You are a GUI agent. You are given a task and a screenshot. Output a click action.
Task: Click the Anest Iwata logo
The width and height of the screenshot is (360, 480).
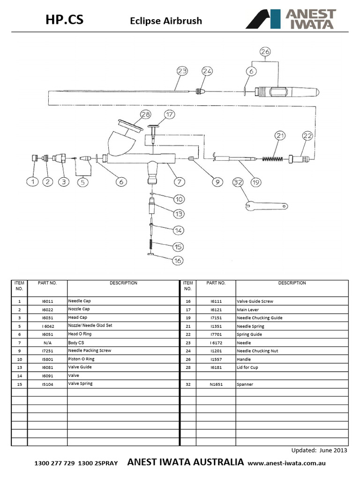pyautogui.click(x=290, y=19)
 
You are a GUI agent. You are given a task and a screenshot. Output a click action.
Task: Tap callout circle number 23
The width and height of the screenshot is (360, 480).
pyautogui.click(x=182, y=71)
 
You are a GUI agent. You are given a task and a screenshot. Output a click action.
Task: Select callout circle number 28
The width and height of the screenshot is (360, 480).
pyautogui.click(x=145, y=114)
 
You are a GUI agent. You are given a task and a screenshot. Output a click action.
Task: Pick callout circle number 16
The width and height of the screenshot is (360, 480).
pyautogui.click(x=177, y=261)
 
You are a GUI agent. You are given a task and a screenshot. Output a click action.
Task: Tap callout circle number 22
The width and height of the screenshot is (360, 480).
pyautogui.click(x=307, y=136)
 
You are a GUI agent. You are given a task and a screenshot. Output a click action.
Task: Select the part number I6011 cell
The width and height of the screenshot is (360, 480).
pyautogui.click(x=47, y=301)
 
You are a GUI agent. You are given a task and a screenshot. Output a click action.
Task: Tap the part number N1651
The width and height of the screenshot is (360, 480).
pyautogui.click(x=217, y=384)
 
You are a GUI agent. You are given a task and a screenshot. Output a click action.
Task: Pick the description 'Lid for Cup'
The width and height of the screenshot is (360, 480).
pyautogui.click(x=247, y=367)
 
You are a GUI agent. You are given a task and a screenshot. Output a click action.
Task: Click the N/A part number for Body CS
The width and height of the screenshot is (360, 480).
pyautogui.click(x=47, y=343)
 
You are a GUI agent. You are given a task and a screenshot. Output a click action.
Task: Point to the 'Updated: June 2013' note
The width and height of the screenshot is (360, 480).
pyautogui.click(x=319, y=450)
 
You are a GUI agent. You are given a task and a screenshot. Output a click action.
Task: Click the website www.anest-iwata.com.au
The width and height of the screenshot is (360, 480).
pyautogui.click(x=286, y=463)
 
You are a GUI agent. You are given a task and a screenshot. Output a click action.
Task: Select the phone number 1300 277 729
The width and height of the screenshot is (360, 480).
pyautogui.click(x=55, y=463)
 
